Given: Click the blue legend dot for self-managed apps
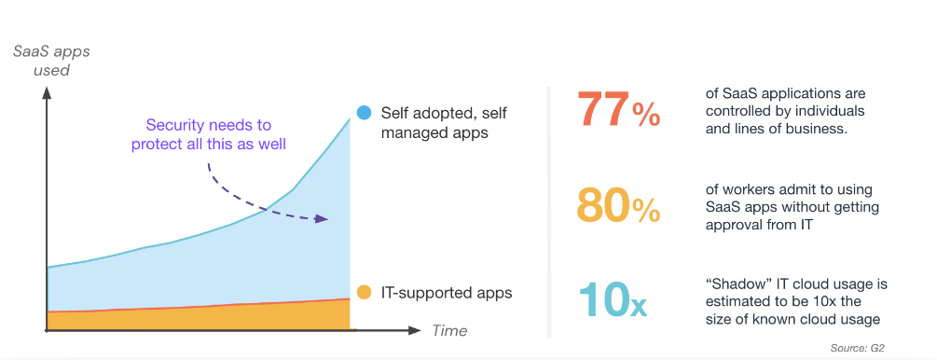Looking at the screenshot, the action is (364, 113).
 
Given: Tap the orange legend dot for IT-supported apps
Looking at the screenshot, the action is (364, 293).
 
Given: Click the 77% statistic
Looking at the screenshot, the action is (618, 109).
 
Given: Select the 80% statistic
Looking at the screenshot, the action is (618, 204).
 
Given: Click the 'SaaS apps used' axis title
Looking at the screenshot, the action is (51, 61).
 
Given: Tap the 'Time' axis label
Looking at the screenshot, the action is (449, 331).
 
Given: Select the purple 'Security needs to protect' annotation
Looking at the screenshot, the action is (209, 135).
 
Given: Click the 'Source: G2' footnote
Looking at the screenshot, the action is (856, 348).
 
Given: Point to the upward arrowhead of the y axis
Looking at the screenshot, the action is (46, 92).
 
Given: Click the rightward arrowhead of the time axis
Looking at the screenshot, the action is (416, 329).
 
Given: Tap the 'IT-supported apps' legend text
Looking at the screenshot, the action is (447, 293).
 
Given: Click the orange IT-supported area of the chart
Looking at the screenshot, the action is (198, 317).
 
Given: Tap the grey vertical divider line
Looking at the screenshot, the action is (548, 212).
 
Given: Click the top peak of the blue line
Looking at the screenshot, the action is (350, 118).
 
